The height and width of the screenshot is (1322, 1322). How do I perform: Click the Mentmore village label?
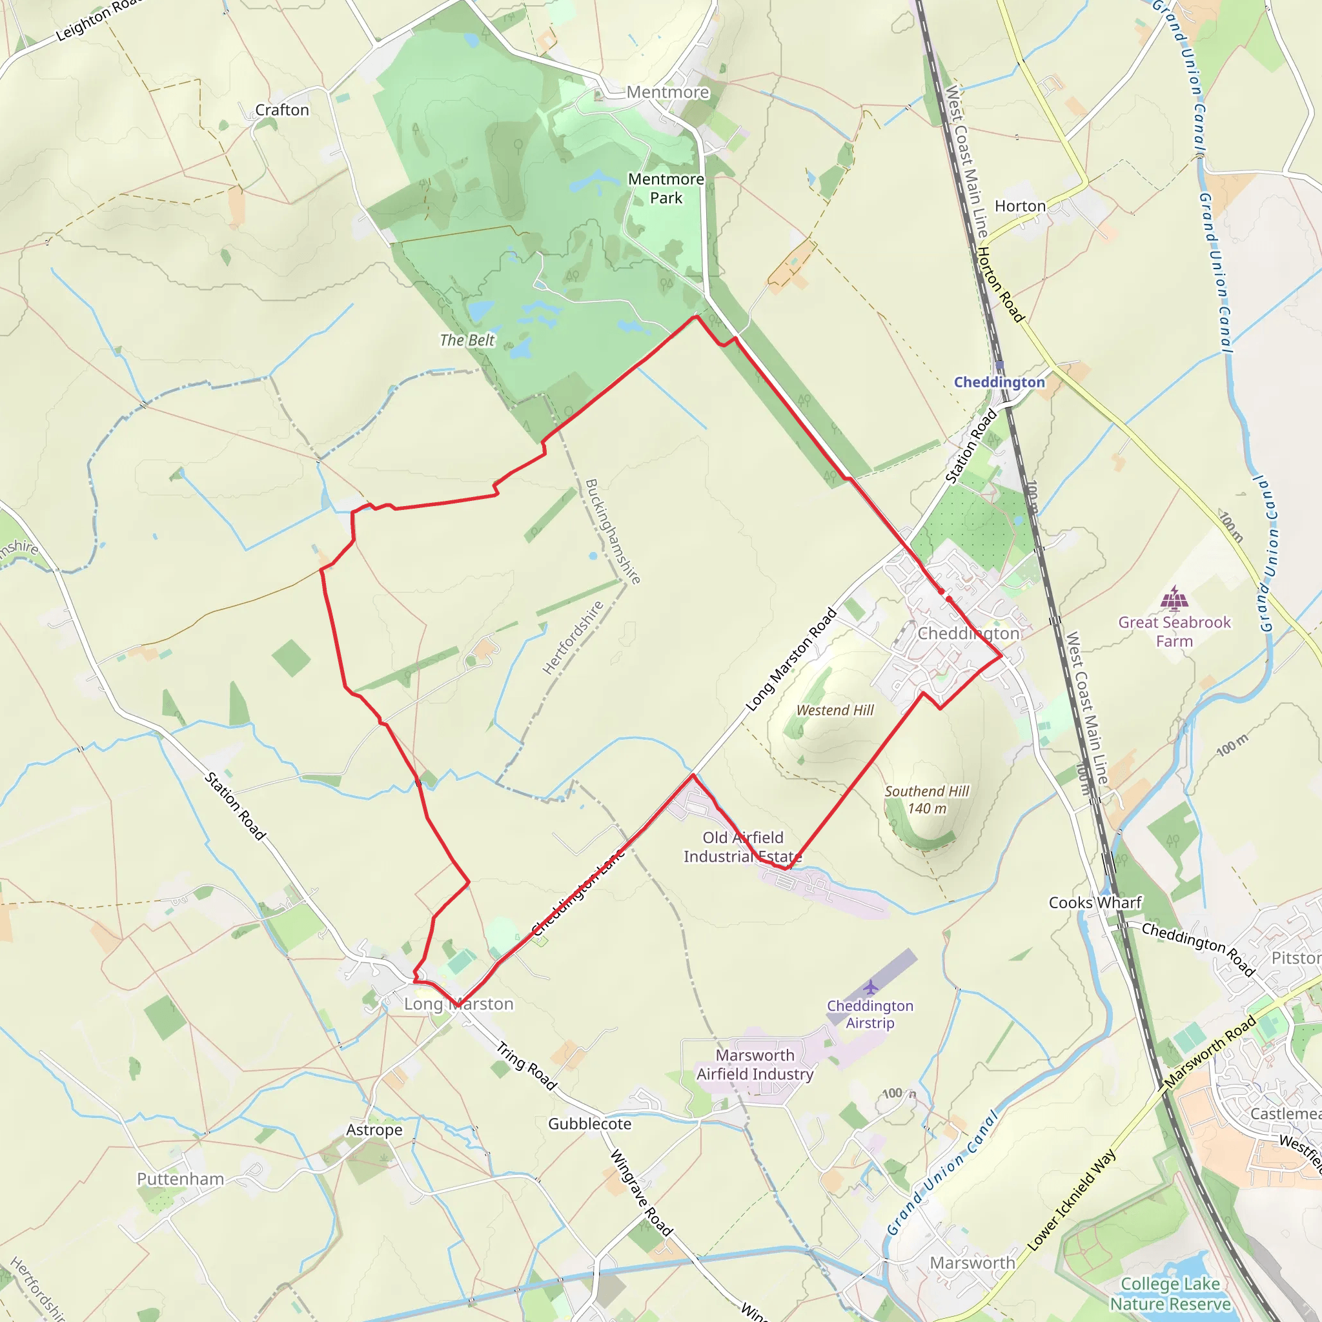(x=667, y=92)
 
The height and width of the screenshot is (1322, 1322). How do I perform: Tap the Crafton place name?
(x=282, y=110)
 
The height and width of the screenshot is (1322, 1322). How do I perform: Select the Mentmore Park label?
(x=666, y=188)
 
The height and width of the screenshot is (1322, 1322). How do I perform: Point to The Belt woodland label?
(x=467, y=340)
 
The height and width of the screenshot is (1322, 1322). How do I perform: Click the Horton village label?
(x=1019, y=206)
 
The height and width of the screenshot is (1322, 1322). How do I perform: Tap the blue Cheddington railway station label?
(x=999, y=382)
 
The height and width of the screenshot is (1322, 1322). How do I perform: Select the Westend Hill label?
(x=835, y=710)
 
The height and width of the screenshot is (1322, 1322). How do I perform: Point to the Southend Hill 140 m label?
(x=926, y=799)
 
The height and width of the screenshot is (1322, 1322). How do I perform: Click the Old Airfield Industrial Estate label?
(x=742, y=846)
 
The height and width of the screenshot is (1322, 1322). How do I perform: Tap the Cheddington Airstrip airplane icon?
(x=869, y=988)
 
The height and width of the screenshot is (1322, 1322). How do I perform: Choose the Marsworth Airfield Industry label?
(x=755, y=1064)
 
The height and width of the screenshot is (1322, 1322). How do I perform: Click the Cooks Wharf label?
(x=1095, y=902)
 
